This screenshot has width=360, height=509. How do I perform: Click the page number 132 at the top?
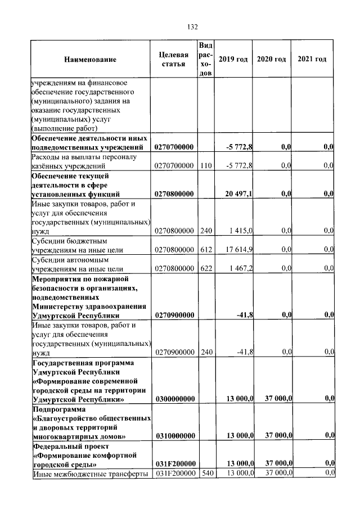click(191, 26)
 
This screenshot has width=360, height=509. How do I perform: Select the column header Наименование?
click(90, 60)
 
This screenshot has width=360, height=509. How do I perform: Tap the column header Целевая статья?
click(174, 60)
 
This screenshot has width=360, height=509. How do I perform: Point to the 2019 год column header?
click(233, 60)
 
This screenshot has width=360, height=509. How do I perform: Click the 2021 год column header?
click(312, 60)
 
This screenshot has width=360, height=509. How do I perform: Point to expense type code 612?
click(206, 250)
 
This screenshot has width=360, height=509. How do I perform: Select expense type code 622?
click(206, 269)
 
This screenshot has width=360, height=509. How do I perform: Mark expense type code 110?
click(206, 166)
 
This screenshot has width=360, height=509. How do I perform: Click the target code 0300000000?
click(174, 399)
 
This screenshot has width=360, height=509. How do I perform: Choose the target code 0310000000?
click(174, 436)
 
